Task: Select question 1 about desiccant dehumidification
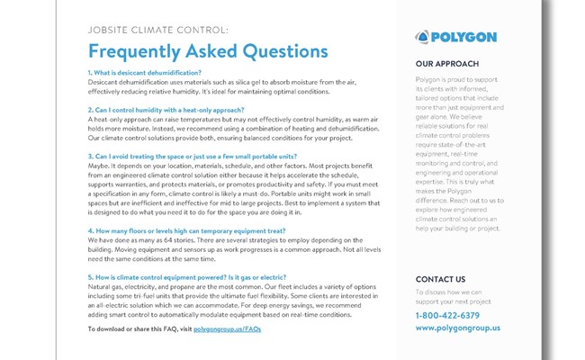click(145, 72)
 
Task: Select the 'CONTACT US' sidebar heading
click(441, 279)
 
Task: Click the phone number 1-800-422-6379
click(447, 315)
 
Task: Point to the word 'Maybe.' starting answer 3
click(100, 166)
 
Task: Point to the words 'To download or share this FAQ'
click(131, 330)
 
